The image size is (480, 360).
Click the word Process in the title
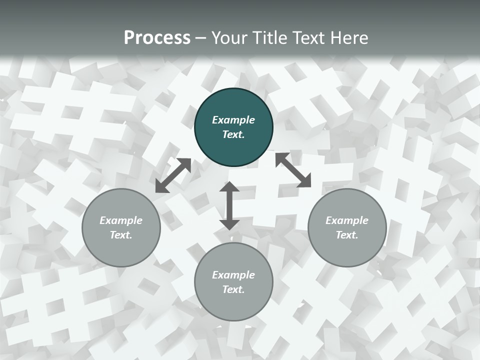pos(157,38)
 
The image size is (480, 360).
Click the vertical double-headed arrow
pos(229,205)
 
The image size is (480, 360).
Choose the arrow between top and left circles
pos(173,175)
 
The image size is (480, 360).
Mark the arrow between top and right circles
pos(293,170)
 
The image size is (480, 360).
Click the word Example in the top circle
pos(233,120)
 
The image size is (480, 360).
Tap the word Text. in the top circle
pos(233,134)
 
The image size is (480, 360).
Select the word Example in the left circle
pos(121,220)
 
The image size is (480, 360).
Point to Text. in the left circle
pos(121,235)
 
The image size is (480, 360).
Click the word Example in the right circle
pos(347,220)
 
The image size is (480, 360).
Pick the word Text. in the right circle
pos(347,235)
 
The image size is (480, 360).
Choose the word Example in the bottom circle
pos(233,275)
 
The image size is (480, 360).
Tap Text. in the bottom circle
pos(233,289)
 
